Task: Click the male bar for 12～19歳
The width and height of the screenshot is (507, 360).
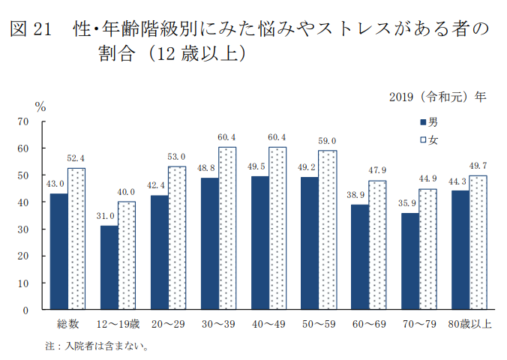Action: (109, 267)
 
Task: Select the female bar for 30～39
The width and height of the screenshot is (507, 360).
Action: (227, 228)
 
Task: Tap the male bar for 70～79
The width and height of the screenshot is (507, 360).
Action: (410, 261)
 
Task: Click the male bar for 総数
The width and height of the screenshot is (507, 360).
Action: (59, 251)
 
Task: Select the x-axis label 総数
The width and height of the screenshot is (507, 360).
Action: (68, 324)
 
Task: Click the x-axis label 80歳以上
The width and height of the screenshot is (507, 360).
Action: (469, 324)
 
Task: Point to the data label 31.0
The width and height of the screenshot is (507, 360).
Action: (109, 217)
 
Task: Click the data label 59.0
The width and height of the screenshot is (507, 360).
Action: (327, 141)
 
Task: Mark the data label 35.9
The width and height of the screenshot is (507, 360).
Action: (409, 204)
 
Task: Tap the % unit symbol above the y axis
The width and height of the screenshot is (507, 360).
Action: (40, 106)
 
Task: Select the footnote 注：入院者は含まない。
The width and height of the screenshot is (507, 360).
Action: (97, 346)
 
